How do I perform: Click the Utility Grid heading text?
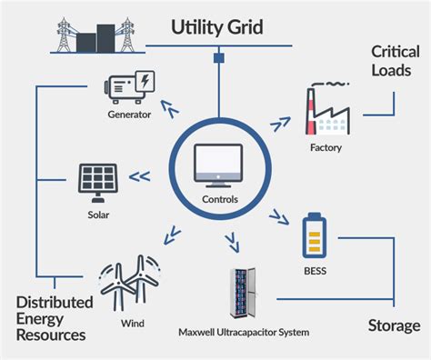pyautogui.click(x=217, y=27)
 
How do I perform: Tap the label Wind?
pyautogui.click(x=131, y=320)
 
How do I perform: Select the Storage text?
pyautogui.click(x=393, y=325)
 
